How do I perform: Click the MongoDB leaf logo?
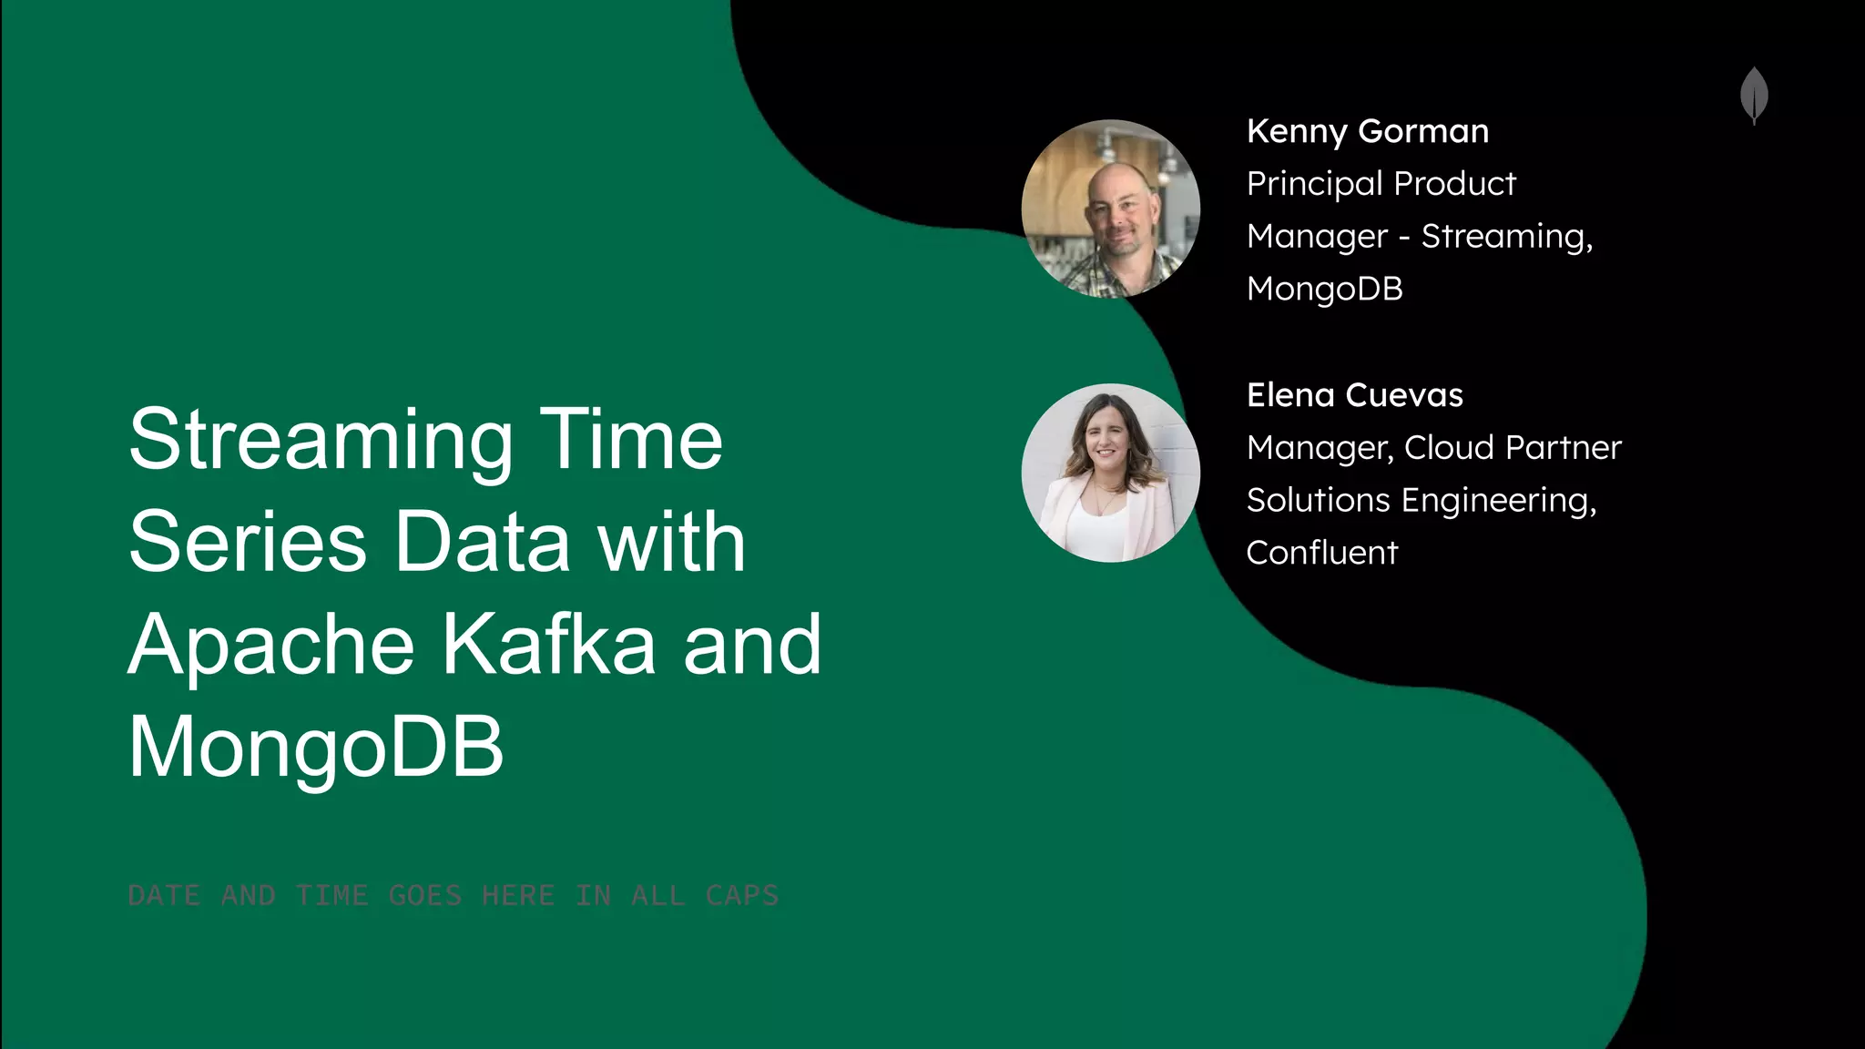[x=1754, y=95]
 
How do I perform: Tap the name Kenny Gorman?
[x=1367, y=131]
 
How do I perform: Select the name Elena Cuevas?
[x=1354, y=395]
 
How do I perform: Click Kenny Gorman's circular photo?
[x=1110, y=209]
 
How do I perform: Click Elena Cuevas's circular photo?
[x=1110, y=473]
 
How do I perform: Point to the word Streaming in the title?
[x=321, y=442]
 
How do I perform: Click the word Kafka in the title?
[x=549, y=645]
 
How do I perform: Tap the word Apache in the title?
[x=271, y=647]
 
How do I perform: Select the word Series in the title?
[x=247, y=543]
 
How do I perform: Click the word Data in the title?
[x=482, y=543]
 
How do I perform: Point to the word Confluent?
[x=1321, y=553]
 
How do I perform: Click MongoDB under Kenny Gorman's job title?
[x=1324, y=289]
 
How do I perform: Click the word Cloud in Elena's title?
[x=1449, y=448]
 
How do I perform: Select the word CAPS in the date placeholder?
[x=742, y=896]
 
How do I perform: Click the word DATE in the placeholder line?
[x=164, y=896]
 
